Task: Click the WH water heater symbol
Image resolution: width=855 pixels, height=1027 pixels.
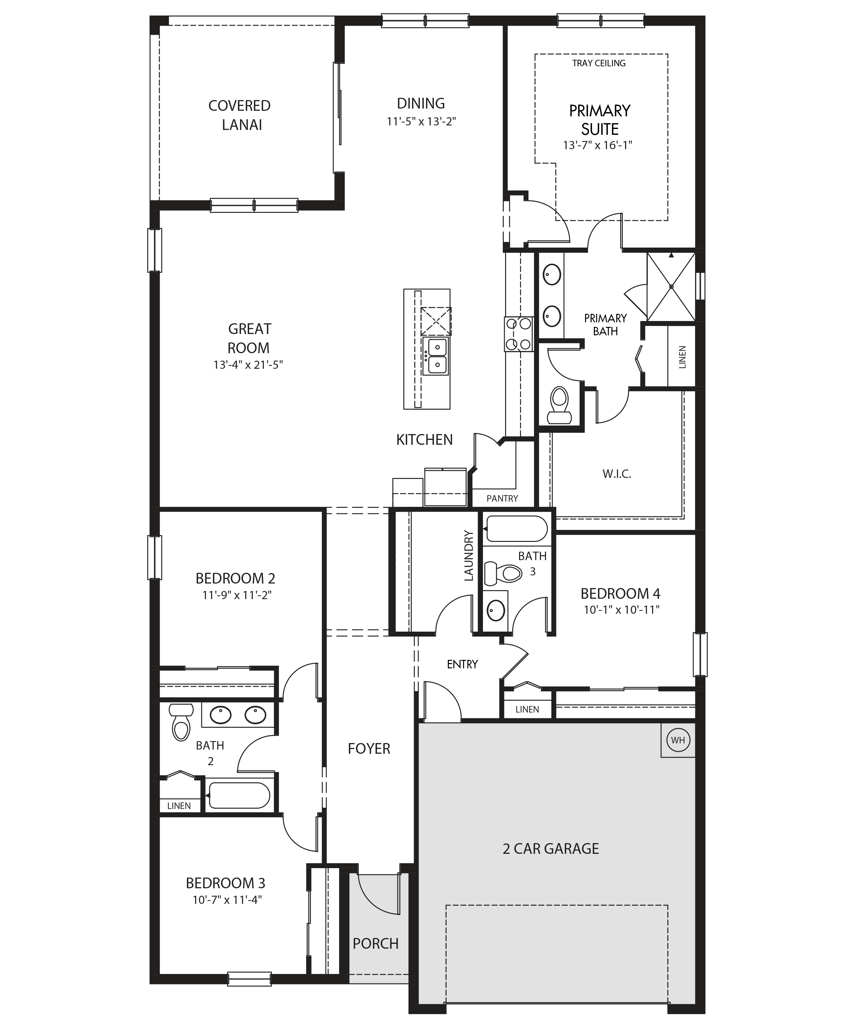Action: point(678,740)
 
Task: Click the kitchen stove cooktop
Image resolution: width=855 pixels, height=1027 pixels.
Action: point(519,334)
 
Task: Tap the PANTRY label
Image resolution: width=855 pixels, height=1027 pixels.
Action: point(502,498)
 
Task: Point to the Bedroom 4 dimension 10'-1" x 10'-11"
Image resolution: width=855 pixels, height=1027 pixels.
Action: point(621,610)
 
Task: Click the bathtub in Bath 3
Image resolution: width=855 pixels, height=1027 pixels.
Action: point(516,529)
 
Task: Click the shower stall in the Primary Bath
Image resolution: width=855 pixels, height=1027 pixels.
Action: point(671,287)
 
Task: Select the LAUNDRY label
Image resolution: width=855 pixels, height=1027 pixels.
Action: point(469,556)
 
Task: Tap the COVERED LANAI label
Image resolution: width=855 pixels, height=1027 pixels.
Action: point(240,115)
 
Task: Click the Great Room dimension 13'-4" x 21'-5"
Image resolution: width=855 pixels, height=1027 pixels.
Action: point(248,365)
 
